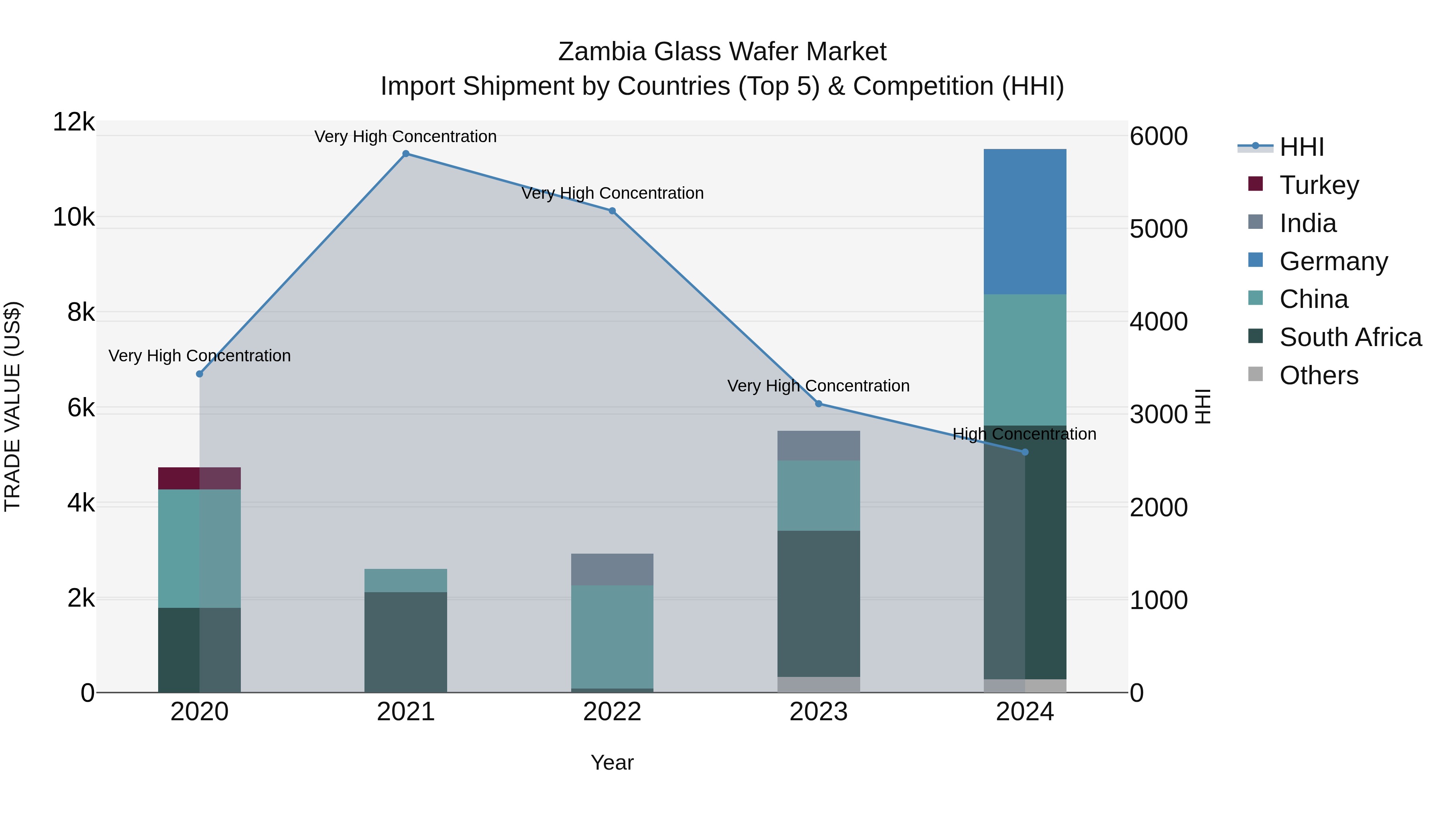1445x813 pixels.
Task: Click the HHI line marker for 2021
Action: [x=405, y=154]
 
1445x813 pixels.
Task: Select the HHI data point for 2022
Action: [x=612, y=211]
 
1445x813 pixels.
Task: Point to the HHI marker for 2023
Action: [x=818, y=403]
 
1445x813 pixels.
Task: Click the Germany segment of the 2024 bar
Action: [x=1025, y=222]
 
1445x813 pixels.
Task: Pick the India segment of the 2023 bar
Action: [x=818, y=446]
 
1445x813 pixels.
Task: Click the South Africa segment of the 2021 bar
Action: [x=405, y=642]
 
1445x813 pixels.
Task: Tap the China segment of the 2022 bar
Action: [x=612, y=636]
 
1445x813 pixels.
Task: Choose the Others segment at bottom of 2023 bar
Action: [x=818, y=684]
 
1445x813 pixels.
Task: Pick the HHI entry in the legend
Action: [x=1301, y=147]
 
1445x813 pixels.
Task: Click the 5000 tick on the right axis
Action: [x=1158, y=229]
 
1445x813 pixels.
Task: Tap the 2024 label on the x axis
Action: [x=1024, y=712]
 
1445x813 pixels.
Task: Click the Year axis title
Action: [x=612, y=762]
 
